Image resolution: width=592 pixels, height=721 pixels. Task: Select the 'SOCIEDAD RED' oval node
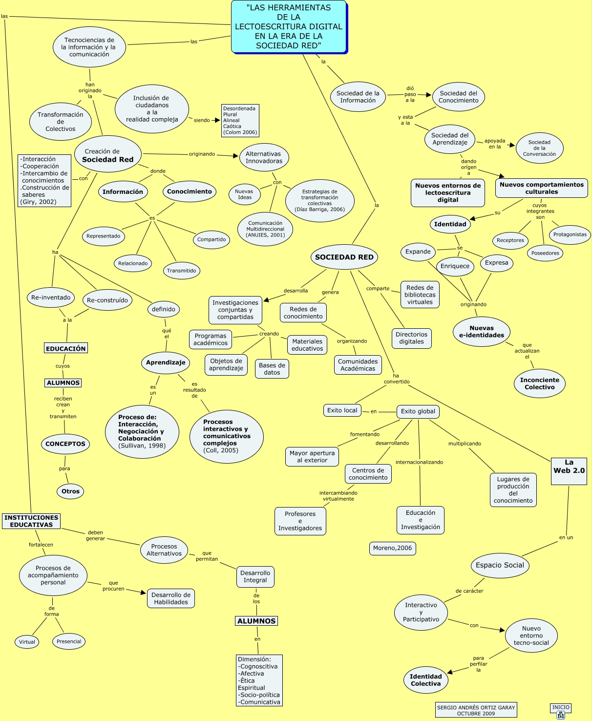click(344, 257)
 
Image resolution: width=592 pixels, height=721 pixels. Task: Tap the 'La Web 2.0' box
click(569, 470)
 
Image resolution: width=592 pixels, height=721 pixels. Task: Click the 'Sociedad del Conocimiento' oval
click(458, 97)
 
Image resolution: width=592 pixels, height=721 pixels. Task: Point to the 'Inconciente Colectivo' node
click(539, 383)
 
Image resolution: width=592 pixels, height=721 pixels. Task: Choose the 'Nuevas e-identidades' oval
click(481, 332)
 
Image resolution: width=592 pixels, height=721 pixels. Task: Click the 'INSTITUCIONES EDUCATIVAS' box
click(31, 521)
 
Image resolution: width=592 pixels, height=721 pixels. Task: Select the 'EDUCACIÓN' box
click(66, 348)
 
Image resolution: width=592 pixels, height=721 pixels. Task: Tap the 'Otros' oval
click(70, 491)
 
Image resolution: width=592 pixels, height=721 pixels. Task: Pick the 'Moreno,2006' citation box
click(392, 548)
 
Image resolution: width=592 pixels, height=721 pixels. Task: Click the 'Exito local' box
click(342, 410)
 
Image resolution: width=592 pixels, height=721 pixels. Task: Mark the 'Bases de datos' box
click(272, 369)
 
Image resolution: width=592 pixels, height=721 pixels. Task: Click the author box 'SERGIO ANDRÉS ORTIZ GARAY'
click(476, 710)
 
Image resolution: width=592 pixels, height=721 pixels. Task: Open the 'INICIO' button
click(561, 711)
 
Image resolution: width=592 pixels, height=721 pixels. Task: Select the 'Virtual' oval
click(27, 642)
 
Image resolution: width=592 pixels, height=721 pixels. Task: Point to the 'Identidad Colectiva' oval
click(425, 680)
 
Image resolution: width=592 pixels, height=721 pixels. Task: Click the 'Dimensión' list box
click(259, 680)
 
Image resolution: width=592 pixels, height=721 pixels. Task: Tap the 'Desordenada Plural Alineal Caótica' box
click(240, 120)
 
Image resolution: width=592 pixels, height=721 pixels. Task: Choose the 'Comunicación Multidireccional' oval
click(265, 229)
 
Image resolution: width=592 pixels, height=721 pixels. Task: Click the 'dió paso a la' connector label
click(410, 94)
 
